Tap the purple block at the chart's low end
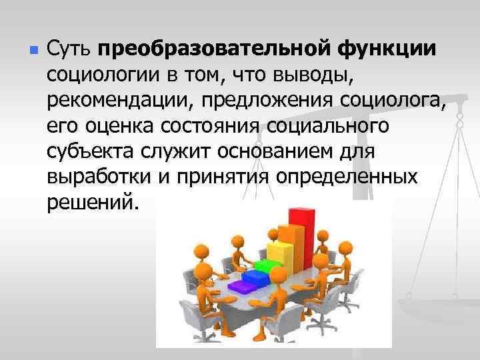(240, 285)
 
